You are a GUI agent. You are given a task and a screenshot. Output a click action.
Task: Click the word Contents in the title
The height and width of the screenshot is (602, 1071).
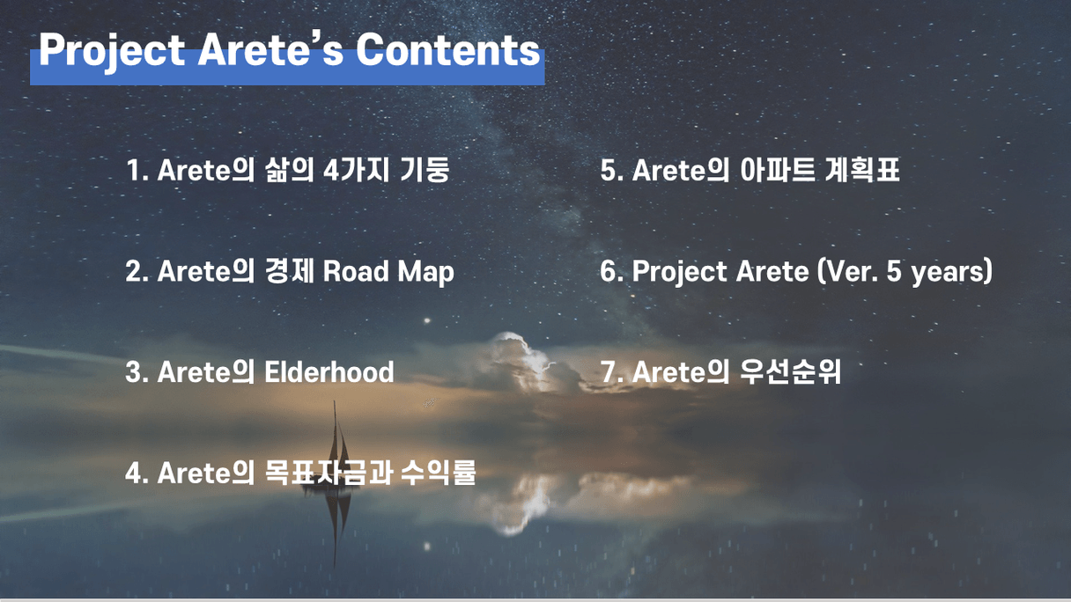(x=447, y=50)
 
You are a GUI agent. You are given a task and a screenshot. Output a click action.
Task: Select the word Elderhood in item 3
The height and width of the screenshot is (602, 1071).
(x=329, y=371)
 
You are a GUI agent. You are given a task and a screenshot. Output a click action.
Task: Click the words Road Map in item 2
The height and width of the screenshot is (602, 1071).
(x=388, y=272)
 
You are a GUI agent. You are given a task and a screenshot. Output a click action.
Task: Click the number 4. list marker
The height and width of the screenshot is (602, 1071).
(x=137, y=473)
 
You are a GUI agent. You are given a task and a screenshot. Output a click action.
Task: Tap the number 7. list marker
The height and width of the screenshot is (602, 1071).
(x=612, y=371)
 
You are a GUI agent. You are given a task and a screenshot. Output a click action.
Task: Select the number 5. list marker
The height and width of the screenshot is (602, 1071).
(x=612, y=170)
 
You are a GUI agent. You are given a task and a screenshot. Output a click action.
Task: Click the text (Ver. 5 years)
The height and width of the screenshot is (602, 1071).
(x=905, y=272)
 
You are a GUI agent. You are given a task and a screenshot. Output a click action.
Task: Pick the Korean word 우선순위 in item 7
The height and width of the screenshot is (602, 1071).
(x=790, y=371)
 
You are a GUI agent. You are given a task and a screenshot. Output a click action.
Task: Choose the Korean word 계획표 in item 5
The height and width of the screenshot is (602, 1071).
(x=862, y=170)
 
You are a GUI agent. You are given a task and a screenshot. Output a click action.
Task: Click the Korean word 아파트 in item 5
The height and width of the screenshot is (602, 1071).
(x=777, y=170)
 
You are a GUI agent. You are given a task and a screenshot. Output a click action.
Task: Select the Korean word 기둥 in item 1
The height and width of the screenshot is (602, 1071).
(x=425, y=170)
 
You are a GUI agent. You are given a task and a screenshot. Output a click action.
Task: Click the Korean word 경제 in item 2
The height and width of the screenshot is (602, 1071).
(x=289, y=271)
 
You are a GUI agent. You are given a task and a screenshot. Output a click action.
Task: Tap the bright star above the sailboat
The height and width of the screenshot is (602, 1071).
(x=426, y=320)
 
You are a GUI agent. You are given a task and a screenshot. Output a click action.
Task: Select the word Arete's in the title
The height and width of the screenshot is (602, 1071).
(x=270, y=50)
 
